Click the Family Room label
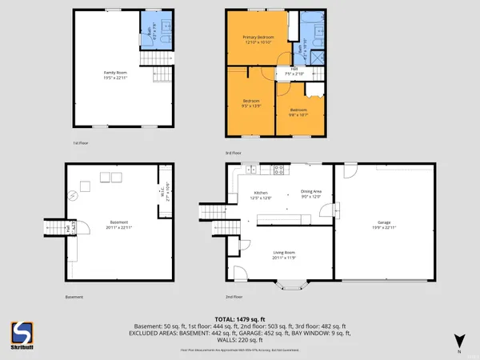click(116, 76)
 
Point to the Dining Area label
click(310, 193)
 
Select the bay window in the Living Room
click(290, 282)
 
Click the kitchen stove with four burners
click(279, 170)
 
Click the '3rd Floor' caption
click(233, 152)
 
